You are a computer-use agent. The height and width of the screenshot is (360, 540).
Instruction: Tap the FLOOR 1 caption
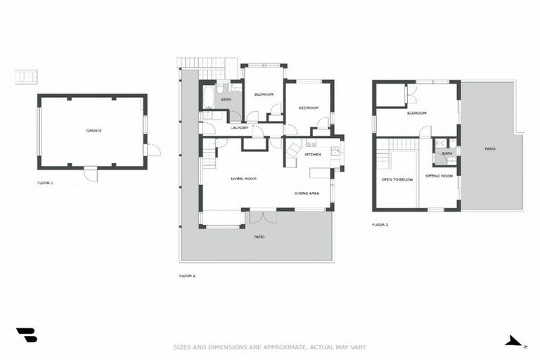[45, 183]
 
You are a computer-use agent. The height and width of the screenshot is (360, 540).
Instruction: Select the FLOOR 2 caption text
[187, 276]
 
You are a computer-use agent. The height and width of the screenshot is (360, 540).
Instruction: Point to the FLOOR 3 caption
[380, 225]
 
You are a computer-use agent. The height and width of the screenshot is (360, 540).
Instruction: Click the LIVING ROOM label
[243, 179]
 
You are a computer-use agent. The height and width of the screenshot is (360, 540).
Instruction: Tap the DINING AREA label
[307, 193]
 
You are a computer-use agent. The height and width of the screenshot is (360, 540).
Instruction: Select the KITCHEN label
[313, 154]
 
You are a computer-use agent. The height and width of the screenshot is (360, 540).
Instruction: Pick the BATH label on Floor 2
[226, 100]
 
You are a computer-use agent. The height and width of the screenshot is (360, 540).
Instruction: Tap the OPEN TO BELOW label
[397, 179]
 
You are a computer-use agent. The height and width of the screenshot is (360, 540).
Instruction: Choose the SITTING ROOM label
[439, 176]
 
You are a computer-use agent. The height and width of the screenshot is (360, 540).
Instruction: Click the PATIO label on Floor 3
[490, 149]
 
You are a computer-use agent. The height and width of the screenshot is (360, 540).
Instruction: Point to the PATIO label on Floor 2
[259, 237]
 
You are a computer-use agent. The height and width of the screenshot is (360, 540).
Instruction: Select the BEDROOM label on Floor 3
[416, 112]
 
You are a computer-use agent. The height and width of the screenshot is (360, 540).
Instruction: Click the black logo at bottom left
[26, 335]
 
